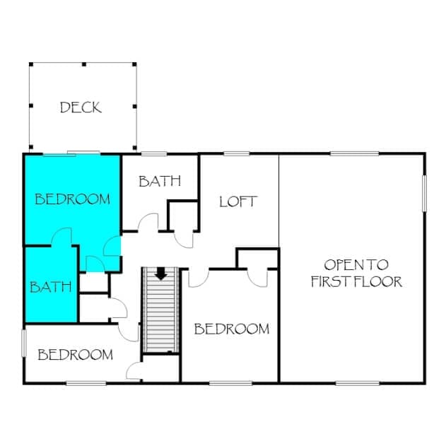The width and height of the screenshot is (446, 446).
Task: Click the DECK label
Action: coord(81,107)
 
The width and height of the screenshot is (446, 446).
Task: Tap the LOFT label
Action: coord(238,201)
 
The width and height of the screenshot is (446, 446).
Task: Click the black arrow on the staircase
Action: coord(161,274)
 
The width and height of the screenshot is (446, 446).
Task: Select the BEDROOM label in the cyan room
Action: coord(73,199)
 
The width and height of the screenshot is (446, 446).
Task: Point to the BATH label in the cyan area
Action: coord(51,287)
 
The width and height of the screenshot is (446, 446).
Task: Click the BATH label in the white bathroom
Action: coord(160,181)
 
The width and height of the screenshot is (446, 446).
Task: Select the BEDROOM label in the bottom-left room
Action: coord(76,355)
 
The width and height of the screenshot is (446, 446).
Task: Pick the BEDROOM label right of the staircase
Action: coord(232,329)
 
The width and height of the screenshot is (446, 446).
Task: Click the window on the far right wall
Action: coord(424,194)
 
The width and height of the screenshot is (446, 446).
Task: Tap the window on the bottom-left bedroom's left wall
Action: coord(24,343)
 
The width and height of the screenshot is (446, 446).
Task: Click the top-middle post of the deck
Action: coord(84,64)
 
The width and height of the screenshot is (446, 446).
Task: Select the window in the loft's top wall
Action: coord(237,154)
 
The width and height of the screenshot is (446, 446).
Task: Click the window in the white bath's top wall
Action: coord(154,154)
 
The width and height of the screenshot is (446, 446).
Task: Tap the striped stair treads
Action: coord(161,310)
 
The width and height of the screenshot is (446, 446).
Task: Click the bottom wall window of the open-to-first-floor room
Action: coord(357,383)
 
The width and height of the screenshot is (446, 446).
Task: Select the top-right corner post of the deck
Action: coord(134,64)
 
